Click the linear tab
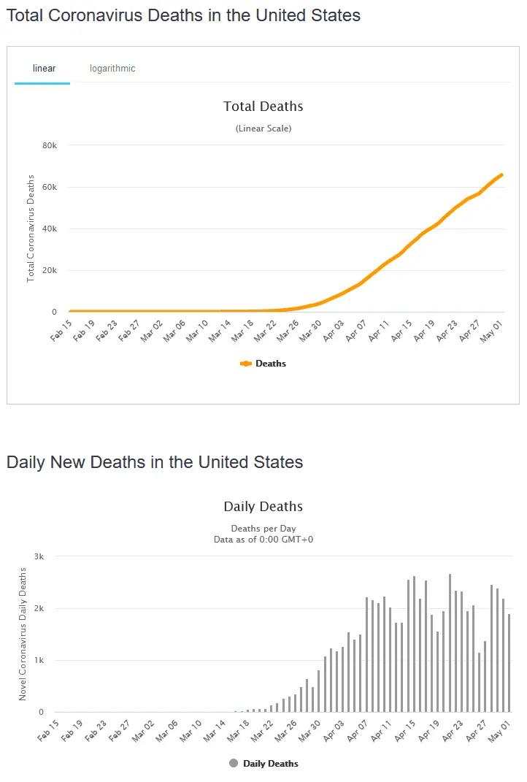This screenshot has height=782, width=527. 44,69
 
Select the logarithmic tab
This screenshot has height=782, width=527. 112,69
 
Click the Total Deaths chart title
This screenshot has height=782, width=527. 263,107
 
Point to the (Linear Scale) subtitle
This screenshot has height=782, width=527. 263,129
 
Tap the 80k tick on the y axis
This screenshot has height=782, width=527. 50,145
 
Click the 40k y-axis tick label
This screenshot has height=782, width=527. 50,229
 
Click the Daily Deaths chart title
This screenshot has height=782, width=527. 263,507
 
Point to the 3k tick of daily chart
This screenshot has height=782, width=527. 39,556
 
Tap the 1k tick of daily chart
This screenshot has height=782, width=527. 39,661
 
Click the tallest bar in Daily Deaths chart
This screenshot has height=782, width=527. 450,643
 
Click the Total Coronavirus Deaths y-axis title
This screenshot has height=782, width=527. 31,229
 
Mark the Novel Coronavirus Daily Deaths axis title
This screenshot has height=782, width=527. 23,634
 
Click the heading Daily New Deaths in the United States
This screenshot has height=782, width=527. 155,462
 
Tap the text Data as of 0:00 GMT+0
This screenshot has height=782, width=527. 263,540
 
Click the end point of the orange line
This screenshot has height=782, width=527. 501,175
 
